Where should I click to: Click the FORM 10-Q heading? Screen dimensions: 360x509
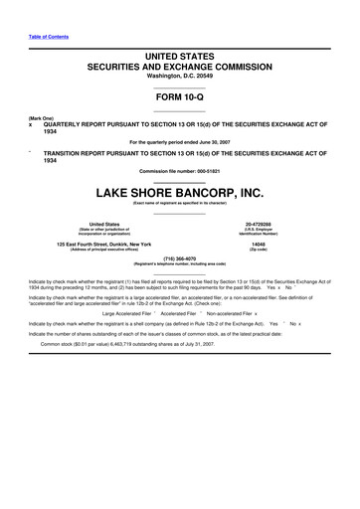tap(180, 99)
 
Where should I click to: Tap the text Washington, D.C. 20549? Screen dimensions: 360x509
tap(180, 76)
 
